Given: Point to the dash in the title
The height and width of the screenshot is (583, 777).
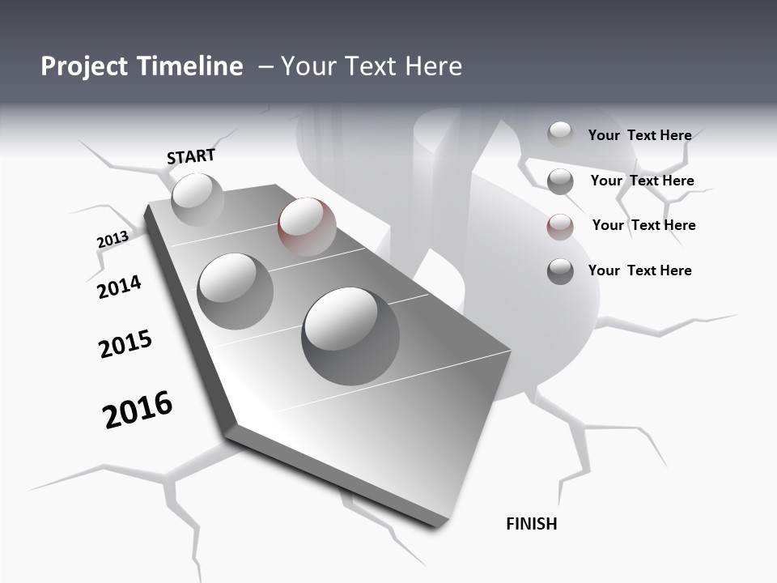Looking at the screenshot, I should point(265,67).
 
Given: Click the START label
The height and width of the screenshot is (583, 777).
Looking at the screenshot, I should point(191,156).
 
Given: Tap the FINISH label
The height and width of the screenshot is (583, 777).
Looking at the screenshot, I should point(531,524).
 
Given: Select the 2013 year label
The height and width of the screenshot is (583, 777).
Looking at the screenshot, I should point(113,240).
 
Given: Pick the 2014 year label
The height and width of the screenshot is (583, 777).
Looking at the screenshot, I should point(119,287).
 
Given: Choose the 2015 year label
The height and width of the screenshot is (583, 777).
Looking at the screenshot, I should point(125,345).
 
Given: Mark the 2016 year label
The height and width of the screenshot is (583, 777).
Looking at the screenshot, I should point(138,410).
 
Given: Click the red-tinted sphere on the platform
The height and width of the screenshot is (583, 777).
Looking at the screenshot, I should point(307,226).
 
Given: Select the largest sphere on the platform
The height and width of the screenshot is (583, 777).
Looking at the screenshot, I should point(350,325).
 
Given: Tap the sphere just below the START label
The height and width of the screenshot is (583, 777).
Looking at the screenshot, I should point(197,199).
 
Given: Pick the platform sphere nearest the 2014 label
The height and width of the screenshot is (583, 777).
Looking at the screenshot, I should point(236,291).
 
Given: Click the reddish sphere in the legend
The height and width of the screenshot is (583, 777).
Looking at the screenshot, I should point(560,227).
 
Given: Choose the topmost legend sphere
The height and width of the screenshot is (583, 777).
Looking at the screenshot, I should point(560,134).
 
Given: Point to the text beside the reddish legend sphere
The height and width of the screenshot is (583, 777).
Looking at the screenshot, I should point(643,225).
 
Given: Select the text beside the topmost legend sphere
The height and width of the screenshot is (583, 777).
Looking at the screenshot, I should point(639,135).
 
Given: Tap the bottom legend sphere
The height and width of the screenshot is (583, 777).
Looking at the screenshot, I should point(560,271).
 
